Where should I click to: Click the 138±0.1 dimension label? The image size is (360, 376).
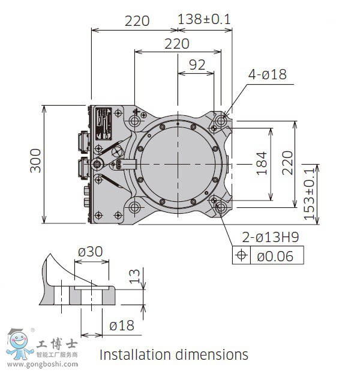point(205,19)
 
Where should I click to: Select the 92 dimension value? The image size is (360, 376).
point(197,65)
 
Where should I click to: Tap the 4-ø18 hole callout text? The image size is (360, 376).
point(268,74)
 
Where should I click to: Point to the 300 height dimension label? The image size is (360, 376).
point(35,160)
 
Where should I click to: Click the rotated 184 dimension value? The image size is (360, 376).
point(262,163)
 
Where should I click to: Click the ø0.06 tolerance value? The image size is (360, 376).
point(275,256)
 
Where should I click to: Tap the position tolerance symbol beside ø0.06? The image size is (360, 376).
point(242,255)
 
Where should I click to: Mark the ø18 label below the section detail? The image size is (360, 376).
point(122,326)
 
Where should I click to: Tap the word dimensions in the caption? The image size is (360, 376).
point(212,354)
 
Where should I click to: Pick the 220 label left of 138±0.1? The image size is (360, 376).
point(137,20)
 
